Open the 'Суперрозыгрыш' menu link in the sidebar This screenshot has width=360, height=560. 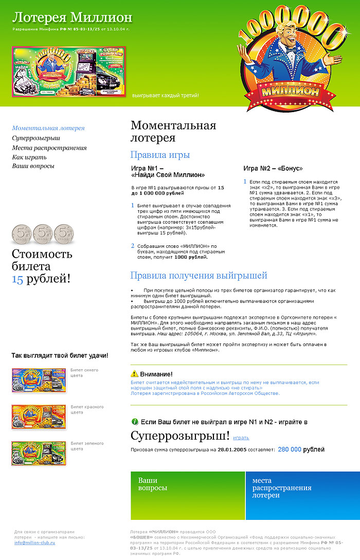coord(36,138)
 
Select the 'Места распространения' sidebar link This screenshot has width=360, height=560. coord(49,148)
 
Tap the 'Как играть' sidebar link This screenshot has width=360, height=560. coord(29,157)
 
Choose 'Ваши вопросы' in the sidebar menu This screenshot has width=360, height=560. coord(33,166)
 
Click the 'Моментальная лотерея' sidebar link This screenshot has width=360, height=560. coord(48,128)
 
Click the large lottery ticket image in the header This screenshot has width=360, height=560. coord(68,72)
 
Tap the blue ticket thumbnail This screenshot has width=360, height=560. coord(39,380)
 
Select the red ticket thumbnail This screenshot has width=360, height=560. coord(39,417)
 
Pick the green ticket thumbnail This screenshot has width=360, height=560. coord(39,453)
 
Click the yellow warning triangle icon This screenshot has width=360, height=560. coord(135,374)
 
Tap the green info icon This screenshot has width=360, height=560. coord(135,422)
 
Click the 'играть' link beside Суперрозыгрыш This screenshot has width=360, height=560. coord(241,438)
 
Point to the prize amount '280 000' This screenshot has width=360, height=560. coord(290,449)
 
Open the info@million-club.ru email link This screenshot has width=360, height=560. coord(34,543)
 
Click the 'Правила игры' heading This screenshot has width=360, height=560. coord(160,155)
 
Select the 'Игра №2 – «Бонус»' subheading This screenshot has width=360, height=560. coord(273,168)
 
